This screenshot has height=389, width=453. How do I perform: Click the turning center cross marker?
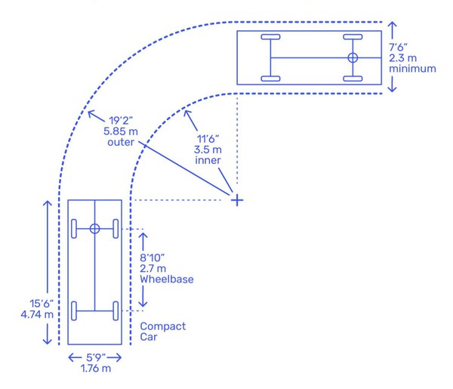click(237, 200)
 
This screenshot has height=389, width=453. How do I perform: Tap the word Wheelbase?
click(167, 279)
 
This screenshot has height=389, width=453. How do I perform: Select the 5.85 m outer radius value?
click(121, 131)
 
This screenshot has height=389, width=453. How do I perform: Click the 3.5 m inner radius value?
click(208, 150)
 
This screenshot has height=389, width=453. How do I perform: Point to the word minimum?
click(412, 69)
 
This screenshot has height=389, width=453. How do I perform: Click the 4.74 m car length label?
click(37, 314)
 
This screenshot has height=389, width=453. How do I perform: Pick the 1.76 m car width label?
click(96, 368)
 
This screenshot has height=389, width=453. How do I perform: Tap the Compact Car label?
click(162, 332)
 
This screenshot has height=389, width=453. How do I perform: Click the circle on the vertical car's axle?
click(95, 229)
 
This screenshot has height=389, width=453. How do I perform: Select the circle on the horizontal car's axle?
click(353, 58)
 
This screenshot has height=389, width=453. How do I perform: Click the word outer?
click(121, 142)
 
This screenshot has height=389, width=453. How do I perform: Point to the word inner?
click(208, 160)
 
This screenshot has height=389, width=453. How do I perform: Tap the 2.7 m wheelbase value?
click(153, 268)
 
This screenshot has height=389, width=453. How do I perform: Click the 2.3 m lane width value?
click(402, 58)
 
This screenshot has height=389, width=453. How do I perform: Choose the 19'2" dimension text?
click(121, 121)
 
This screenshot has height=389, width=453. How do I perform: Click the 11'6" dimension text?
click(208, 139)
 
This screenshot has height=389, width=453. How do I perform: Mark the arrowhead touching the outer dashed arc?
click(91, 113)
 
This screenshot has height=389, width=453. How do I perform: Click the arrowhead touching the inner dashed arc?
click(187, 113)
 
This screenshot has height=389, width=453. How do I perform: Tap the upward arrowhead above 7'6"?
click(392, 26)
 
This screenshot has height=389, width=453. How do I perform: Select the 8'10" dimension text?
click(152, 258)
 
